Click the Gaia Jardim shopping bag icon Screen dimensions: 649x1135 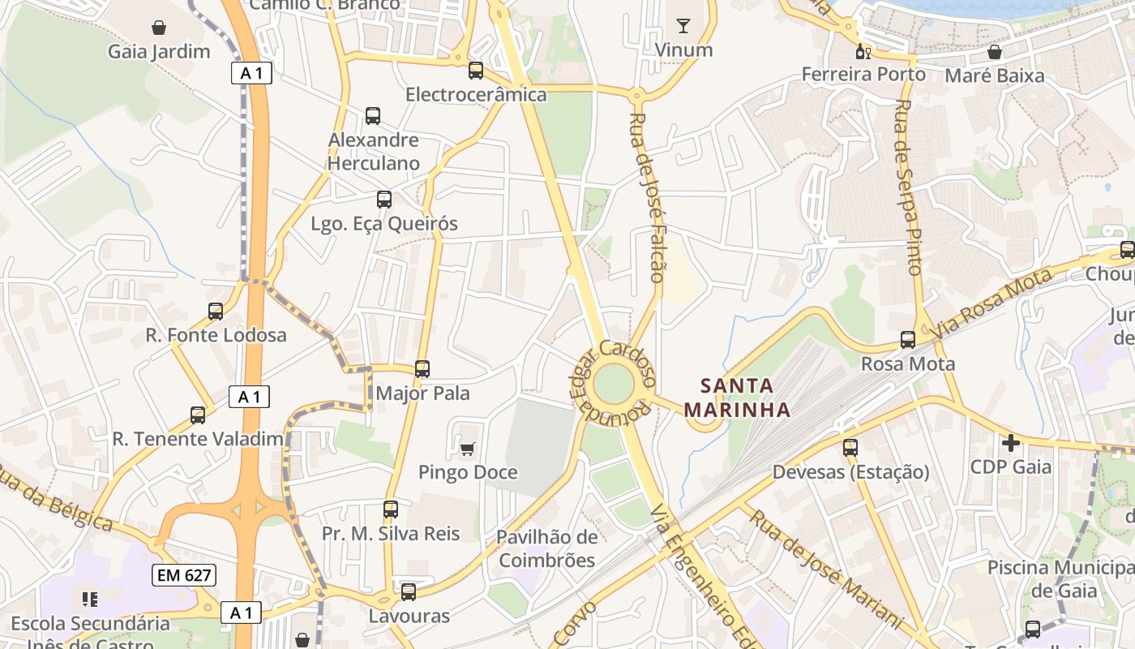click(x=160, y=27)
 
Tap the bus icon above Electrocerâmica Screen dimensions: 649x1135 click(x=476, y=71)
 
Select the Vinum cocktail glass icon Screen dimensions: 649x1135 click(x=683, y=26)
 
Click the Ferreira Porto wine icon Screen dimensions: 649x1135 click(x=863, y=52)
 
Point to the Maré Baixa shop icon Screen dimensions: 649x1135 click(x=995, y=52)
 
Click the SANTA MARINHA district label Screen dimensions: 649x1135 click(x=737, y=398)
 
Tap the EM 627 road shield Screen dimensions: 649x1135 click(x=184, y=576)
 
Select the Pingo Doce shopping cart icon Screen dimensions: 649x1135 click(x=467, y=449)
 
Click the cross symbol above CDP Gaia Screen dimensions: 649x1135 click(x=1010, y=443)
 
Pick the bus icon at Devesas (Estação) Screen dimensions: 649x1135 click(x=850, y=447)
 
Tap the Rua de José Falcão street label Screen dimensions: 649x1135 click(x=646, y=197)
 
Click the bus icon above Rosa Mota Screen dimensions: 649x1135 click(x=908, y=340)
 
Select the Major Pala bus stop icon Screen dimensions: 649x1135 click(x=422, y=369)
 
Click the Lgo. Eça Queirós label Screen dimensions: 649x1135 click(x=384, y=224)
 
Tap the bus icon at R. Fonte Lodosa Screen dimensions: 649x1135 click(x=216, y=311)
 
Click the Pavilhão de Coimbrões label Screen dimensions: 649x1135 click(x=546, y=548)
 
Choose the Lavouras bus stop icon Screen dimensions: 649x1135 click(x=409, y=592)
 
